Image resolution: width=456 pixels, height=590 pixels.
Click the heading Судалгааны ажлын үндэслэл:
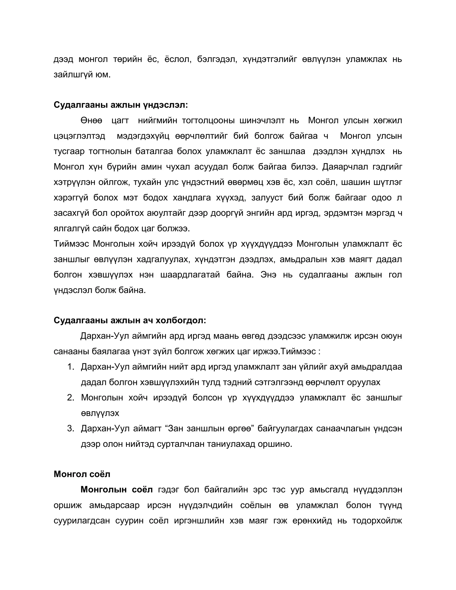pyautogui.click(x=120, y=105)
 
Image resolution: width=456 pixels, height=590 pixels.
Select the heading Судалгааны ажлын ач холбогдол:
pyautogui.click(x=130, y=320)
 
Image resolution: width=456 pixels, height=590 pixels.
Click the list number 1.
pyautogui.click(x=71, y=367)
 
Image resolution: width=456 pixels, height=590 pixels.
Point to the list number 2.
pyautogui.click(x=71, y=398)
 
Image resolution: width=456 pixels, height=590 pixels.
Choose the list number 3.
pyautogui.click(x=71, y=428)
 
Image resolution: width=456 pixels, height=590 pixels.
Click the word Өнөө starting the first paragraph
pyautogui.click(x=91, y=120)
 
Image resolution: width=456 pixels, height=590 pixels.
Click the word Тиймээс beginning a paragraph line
pyautogui.click(x=71, y=244)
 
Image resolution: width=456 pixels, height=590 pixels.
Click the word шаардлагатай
pyautogui.click(x=190, y=275)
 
